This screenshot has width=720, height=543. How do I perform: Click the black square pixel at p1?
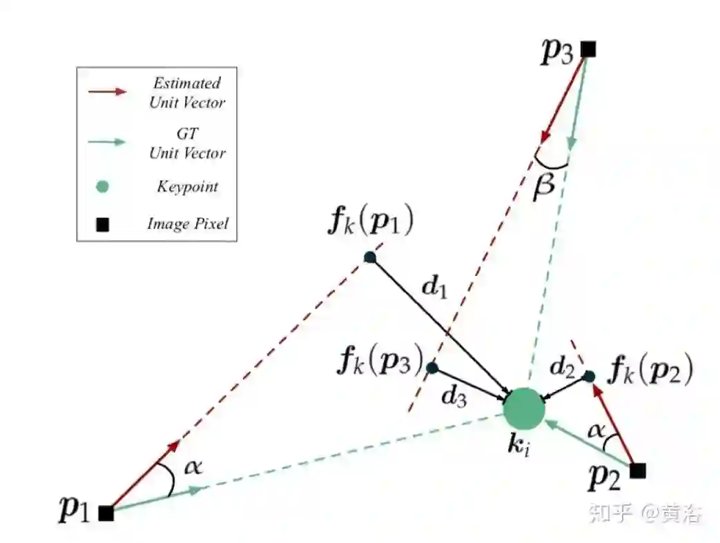(106, 513)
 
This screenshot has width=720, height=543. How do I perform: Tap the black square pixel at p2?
(638, 471)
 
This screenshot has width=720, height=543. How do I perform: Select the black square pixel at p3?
(587, 49)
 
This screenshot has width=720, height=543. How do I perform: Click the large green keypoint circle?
(524, 408)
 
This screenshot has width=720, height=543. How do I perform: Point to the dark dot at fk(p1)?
(369, 257)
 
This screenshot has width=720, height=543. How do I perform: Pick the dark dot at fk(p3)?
(432, 368)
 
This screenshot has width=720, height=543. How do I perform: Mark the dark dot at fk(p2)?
(589, 376)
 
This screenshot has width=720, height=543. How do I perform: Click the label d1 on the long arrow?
(435, 288)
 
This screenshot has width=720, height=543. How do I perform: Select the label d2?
(562, 368)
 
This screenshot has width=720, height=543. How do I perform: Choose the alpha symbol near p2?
(596, 431)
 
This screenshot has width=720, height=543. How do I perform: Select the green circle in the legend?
(102, 186)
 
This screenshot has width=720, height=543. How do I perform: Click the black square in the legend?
(102, 224)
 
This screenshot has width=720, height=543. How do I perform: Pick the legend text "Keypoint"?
(187, 187)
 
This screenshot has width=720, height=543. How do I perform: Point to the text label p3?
(557, 52)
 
